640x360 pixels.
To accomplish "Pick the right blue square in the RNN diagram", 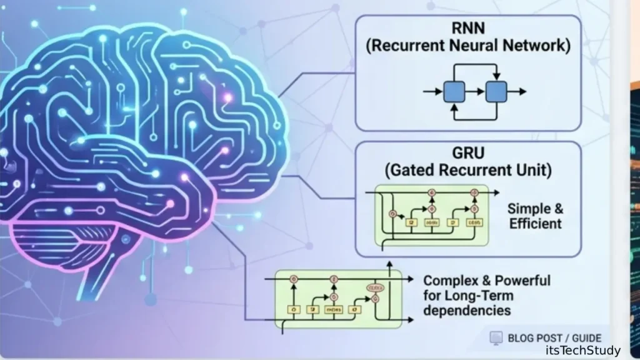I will click(496, 91).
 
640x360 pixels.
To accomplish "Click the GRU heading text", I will click(467, 152).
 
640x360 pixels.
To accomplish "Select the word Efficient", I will click(536, 224).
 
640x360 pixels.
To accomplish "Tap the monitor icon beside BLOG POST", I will click(496, 338).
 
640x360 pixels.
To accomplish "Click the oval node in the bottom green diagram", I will click(376, 288).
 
